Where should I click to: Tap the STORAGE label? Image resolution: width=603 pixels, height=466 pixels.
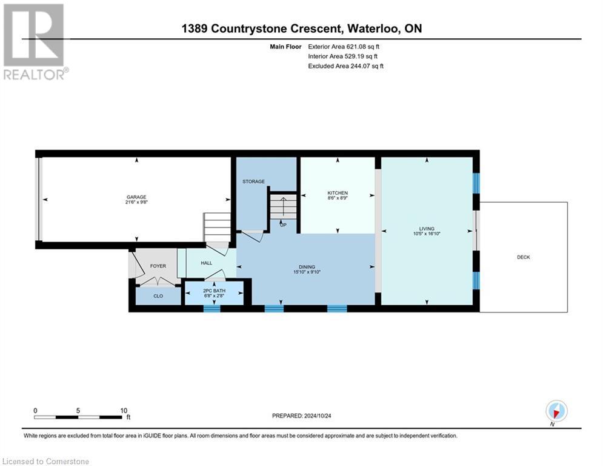[253, 181]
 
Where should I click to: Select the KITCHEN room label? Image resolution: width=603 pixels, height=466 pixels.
[338, 194]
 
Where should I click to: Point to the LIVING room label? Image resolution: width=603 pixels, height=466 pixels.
[427, 229]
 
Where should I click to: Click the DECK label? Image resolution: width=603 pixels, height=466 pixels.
[523, 257]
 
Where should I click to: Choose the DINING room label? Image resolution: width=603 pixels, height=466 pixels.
[306, 266]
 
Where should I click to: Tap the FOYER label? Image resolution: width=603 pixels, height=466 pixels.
[158, 266]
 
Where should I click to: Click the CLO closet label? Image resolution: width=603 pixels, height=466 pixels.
[158, 297]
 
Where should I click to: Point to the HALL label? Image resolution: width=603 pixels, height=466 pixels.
[206, 263]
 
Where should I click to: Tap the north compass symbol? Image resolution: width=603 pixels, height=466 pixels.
[556, 411]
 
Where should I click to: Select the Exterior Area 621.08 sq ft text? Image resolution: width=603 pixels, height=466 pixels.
[344, 46]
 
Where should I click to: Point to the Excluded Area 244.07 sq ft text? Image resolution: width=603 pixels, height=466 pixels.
[345, 66]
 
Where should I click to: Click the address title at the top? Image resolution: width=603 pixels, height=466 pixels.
[301, 29]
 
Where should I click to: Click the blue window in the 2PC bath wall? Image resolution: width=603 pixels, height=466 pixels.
[212, 308]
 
